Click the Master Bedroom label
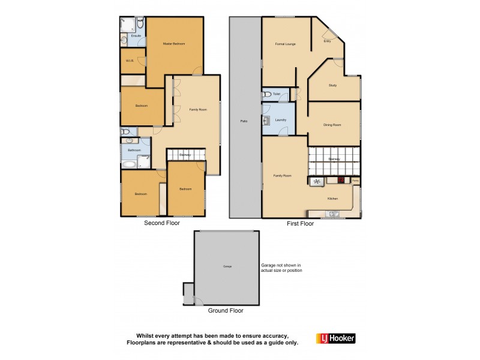[175, 44]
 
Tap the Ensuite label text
[136, 36]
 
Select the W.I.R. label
[129, 61]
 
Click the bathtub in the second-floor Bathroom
[129, 163]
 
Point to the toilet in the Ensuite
[139, 23]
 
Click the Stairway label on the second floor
[185, 155]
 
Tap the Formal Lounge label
[284, 44]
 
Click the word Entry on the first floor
[327, 41]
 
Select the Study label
[332, 85]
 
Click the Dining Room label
[332, 125]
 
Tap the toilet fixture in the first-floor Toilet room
[266, 94]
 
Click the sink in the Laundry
[266, 121]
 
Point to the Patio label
[244, 121]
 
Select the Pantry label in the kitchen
[355, 179]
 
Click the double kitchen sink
[332, 213]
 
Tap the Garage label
[227, 266]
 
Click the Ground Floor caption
[225, 311]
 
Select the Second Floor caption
[161, 223]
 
